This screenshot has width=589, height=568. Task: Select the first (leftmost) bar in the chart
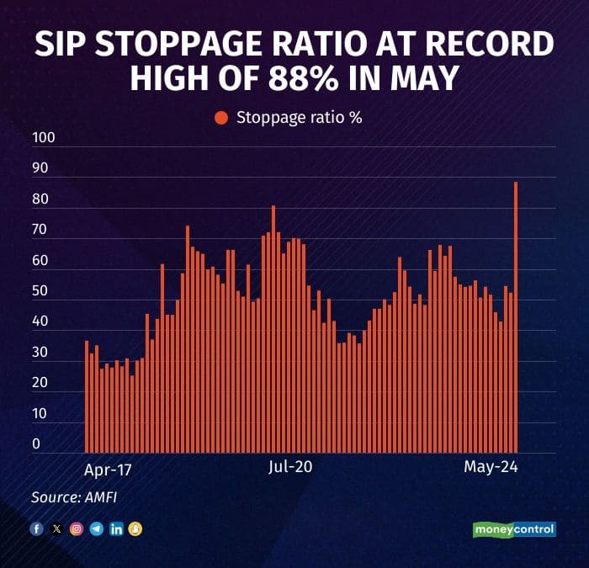87,396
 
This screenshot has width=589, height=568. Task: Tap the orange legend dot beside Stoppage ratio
221,118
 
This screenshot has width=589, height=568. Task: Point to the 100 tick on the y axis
42,137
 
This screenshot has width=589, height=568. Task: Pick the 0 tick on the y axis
36,443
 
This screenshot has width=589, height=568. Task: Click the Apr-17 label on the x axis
109,467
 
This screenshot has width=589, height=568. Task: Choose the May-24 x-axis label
491,467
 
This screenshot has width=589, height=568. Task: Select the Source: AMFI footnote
74,497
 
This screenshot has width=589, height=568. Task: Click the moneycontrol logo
513,529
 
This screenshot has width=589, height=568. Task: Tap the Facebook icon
36,529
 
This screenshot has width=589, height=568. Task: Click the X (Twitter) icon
56,529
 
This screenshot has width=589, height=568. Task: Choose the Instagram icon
77,529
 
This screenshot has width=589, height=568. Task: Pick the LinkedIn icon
116,529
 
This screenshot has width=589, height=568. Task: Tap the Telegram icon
96,529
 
